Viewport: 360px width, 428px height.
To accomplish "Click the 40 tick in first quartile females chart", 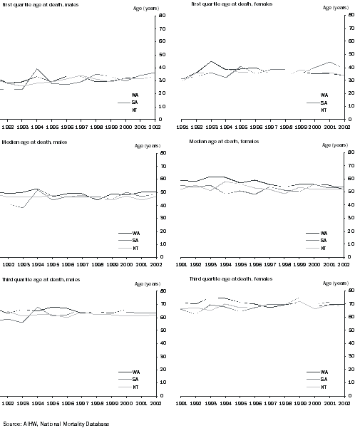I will (x=344, y=67).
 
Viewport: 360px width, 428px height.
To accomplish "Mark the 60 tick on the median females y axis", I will (x=344, y=179).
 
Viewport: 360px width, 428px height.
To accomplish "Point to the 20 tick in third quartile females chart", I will (x=344, y=369).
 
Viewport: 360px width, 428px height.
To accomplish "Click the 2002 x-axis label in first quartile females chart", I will (x=344, y=125).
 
